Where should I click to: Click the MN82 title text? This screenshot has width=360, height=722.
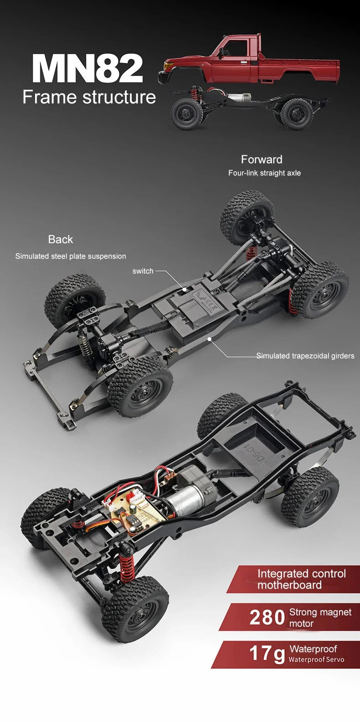[x=87, y=68]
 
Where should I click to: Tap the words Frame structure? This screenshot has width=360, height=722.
[x=89, y=97]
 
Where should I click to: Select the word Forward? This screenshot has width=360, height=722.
[x=262, y=159]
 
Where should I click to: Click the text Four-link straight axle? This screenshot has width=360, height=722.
[x=264, y=173]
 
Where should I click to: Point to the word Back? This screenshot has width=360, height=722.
[x=61, y=240]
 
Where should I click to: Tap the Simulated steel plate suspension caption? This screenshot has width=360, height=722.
[x=71, y=256]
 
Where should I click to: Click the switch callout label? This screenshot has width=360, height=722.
[x=143, y=271]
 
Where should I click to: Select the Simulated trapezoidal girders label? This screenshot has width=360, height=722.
[x=305, y=356]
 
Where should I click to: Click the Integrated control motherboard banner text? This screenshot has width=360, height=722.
[x=301, y=579]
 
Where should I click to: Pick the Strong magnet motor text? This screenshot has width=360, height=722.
[x=320, y=618]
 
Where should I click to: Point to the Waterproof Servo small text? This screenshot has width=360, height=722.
[x=316, y=660]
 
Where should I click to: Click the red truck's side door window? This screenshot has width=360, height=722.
[x=237, y=48]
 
